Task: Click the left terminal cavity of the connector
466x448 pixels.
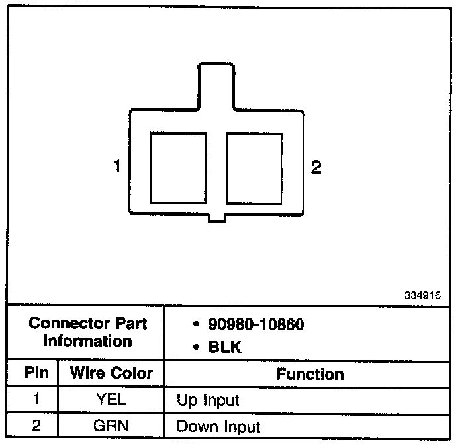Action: coord(178,168)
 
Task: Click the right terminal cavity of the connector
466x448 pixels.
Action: coord(255,168)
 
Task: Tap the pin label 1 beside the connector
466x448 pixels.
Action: coord(117,167)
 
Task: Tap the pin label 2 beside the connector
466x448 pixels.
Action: coord(316,167)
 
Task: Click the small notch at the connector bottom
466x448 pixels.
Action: coord(216,218)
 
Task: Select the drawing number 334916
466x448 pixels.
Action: coord(422,295)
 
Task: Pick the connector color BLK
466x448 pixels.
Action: coord(225,347)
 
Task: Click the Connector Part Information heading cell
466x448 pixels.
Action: coord(87,332)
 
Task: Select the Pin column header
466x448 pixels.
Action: coord(36,372)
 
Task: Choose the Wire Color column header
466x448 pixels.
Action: coord(111,372)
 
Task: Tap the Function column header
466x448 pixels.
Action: coord(310,374)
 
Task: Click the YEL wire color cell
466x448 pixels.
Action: coord(111,400)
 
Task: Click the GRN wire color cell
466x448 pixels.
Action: coord(111,426)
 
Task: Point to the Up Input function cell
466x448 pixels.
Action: coord(208,400)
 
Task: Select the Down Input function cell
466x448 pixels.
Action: coord(218,427)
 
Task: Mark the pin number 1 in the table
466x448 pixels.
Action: coord(36,400)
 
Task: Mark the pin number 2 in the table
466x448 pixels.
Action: coord(36,426)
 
